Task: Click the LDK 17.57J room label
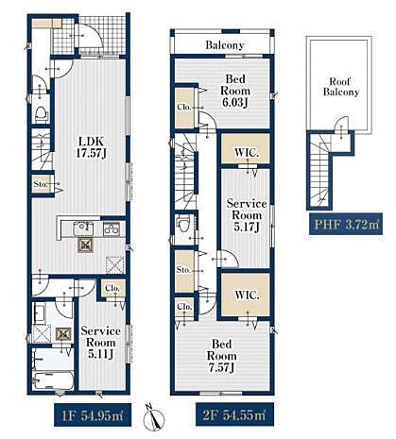coord(92,147)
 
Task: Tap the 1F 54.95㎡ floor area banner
coord(93,415)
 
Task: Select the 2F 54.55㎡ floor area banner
coord(234,415)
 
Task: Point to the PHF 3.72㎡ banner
coord(346,224)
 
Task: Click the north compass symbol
coord(154,417)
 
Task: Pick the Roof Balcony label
coord(341,87)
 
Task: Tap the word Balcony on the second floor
coord(225,45)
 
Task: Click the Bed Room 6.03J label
coord(235,91)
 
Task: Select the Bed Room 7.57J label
coord(221,356)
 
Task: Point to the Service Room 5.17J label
coord(247,215)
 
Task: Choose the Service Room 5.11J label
coord(101,343)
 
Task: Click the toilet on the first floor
coord(42,114)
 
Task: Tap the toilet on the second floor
coord(183,224)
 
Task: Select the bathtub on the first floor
coord(53,380)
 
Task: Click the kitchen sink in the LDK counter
coord(83,228)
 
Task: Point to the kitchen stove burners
coord(112,228)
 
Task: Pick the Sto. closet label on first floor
coord(41,184)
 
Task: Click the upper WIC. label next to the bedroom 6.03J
coord(247,153)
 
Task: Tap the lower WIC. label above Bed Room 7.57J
coord(247,295)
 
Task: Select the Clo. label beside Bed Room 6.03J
coord(184,107)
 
